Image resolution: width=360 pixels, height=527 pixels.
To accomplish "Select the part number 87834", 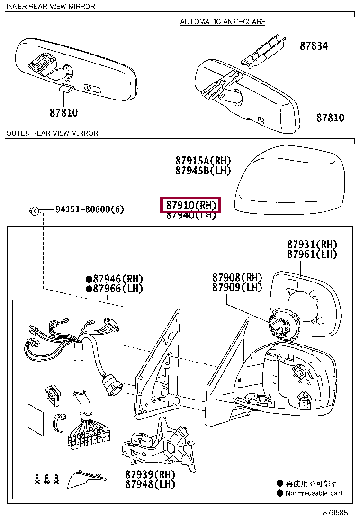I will tap(313, 46).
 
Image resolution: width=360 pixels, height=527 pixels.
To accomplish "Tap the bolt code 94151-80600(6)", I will tap(90, 209).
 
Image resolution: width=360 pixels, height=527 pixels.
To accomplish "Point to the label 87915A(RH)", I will tap(203, 161).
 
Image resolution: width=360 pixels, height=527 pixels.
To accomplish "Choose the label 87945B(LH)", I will tap(203, 171).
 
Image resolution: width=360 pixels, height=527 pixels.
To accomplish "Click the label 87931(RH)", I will tap(312, 245).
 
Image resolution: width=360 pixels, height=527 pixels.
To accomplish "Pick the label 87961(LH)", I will tap(312, 254).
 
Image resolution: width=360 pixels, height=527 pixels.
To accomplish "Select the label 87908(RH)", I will tap(237, 277).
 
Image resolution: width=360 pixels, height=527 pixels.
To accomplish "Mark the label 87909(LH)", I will tap(237, 287).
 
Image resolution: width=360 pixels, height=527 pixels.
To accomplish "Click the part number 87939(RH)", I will tap(150, 474).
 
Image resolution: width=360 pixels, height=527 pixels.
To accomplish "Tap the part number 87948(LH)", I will tap(150, 484).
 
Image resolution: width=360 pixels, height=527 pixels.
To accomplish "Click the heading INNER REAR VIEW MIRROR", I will tap(51, 6).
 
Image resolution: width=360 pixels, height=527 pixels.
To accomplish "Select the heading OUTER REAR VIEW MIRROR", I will tap(52, 133).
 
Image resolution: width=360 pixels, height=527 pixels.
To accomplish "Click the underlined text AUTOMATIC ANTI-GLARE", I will tap(223, 22).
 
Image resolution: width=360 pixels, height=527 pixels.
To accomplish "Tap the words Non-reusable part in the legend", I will tap(314, 493).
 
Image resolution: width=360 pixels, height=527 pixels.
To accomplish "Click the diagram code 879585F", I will tap(338, 513).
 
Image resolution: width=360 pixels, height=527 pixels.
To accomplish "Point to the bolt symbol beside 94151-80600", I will tap(35, 210).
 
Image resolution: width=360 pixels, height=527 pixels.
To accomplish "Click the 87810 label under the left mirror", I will tap(63, 113).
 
